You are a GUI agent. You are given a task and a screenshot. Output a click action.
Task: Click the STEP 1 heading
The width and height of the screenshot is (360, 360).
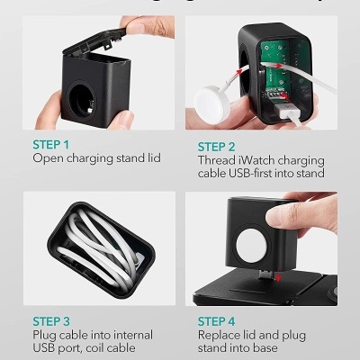click(x=50, y=144)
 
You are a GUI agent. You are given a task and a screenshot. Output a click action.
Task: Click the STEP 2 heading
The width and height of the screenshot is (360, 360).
click(x=216, y=144)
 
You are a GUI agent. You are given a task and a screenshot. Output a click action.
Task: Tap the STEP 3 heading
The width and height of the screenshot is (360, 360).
click(x=51, y=319)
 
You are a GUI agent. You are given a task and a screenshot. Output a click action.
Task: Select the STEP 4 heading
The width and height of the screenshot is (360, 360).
click(x=216, y=319)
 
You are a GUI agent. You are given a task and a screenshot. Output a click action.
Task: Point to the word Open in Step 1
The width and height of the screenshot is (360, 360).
click(x=48, y=157)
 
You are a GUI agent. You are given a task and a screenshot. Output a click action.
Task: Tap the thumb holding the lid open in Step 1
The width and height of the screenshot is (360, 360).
click(x=136, y=29)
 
